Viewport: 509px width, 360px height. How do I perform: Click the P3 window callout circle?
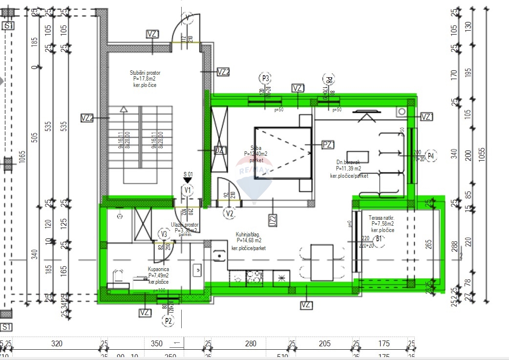(x=265, y=78)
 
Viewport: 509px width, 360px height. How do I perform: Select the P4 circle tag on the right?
(x=430, y=156)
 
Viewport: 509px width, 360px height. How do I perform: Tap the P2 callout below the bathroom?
(x=169, y=321)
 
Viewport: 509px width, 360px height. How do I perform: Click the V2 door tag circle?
(x=229, y=213)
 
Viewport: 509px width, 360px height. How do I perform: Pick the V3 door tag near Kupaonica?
(x=164, y=234)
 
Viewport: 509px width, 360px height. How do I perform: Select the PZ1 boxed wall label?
(x=328, y=145)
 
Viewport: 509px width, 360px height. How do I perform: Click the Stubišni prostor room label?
(x=145, y=73)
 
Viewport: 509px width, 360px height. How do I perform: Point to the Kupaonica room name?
(x=158, y=269)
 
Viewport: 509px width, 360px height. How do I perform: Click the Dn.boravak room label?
(x=348, y=163)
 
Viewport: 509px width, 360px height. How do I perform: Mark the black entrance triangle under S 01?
(x=188, y=180)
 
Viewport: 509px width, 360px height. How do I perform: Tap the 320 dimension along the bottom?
(x=57, y=344)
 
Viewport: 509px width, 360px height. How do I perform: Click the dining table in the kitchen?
(x=321, y=263)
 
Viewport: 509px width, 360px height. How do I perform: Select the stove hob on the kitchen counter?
(x=254, y=277)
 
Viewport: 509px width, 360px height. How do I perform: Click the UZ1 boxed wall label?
(x=220, y=150)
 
